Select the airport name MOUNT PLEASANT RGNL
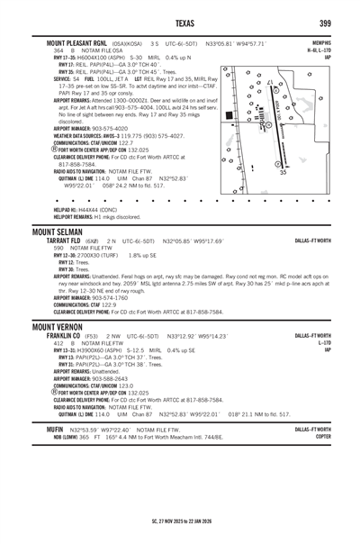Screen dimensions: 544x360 (69, 44)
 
